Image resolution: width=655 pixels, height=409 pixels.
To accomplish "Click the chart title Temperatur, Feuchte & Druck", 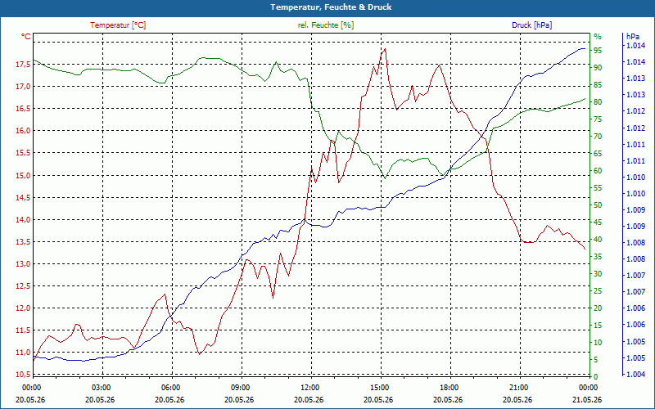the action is (x=331, y=7).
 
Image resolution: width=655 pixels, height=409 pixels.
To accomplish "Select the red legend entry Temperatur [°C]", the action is (x=118, y=25).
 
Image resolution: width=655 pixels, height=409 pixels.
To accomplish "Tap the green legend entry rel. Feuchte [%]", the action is (x=326, y=25).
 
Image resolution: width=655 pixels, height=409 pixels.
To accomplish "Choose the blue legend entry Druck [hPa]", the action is (x=531, y=25).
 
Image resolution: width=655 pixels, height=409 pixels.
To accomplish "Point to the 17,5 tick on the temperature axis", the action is (x=23, y=65).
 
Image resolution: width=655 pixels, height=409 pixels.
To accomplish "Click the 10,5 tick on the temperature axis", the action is (x=23, y=375).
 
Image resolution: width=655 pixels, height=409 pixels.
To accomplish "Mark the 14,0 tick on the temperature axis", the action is (x=23, y=219).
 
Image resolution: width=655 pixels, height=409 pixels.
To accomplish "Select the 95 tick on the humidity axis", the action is (x=598, y=50).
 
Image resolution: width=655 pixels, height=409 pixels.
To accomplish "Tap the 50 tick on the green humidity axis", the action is (x=598, y=205).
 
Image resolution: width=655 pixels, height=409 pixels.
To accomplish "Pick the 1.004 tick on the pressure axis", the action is (x=637, y=375).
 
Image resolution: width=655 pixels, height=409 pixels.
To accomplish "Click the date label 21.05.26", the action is (x=587, y=399).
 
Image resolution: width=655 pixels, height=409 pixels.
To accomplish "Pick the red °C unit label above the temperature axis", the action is (x=26, y=37).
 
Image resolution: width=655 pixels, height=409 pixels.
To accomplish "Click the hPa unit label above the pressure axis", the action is (x=633, y=37).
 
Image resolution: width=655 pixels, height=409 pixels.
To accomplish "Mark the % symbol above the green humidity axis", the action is (x=598, y=37).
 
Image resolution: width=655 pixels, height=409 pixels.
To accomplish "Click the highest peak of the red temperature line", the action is (x=385, y=49).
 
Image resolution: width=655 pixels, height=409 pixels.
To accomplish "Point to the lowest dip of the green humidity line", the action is (x=385, y=178).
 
